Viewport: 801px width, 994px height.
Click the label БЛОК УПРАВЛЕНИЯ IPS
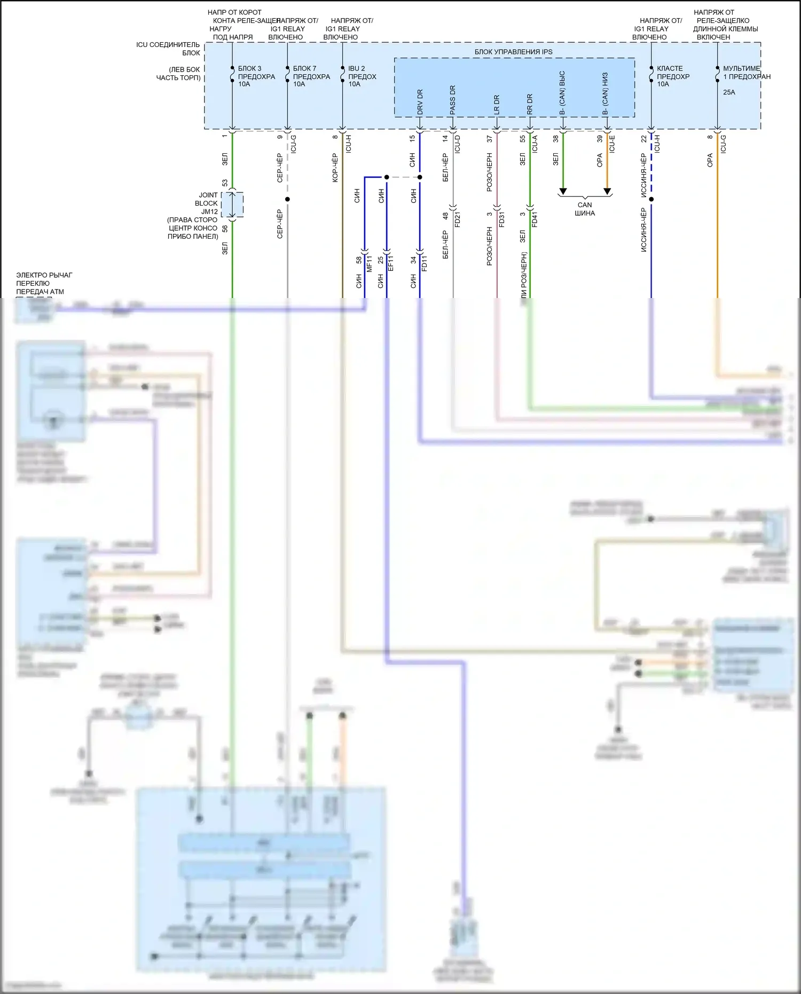click(513, 52)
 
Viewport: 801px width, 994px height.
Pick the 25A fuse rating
click(729, 92)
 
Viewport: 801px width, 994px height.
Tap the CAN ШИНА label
click(585, 209)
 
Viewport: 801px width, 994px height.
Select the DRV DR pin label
click(420, 101)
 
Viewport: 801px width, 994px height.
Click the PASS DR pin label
click(453, 100)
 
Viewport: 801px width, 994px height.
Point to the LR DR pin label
click(497, 104)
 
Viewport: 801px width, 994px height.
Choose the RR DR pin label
click(530, 104)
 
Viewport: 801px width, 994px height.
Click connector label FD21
click(458, 220)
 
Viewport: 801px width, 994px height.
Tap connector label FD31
click(502, 220)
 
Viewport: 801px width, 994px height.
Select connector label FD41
click(535, 220)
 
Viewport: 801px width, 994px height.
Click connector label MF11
click(370, 263)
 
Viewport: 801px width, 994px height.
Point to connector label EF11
click(391, 263)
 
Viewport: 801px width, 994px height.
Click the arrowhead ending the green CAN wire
click(563, 191)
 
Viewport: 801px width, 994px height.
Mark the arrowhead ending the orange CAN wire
click(607, 191)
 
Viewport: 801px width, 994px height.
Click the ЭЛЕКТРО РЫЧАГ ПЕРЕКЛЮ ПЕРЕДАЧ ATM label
click(44, 283)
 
